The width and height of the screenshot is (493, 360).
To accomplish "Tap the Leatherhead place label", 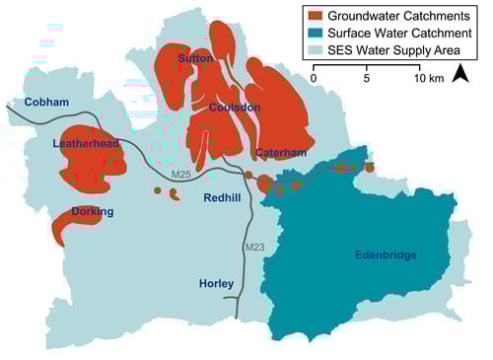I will coord(86,144).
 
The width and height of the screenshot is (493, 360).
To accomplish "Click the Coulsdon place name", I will coord(237,108).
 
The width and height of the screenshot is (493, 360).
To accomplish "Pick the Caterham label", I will coord(280,153).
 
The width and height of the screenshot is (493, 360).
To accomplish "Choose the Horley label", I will coord(215,283).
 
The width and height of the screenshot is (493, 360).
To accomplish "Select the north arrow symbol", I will coord(459,75).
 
